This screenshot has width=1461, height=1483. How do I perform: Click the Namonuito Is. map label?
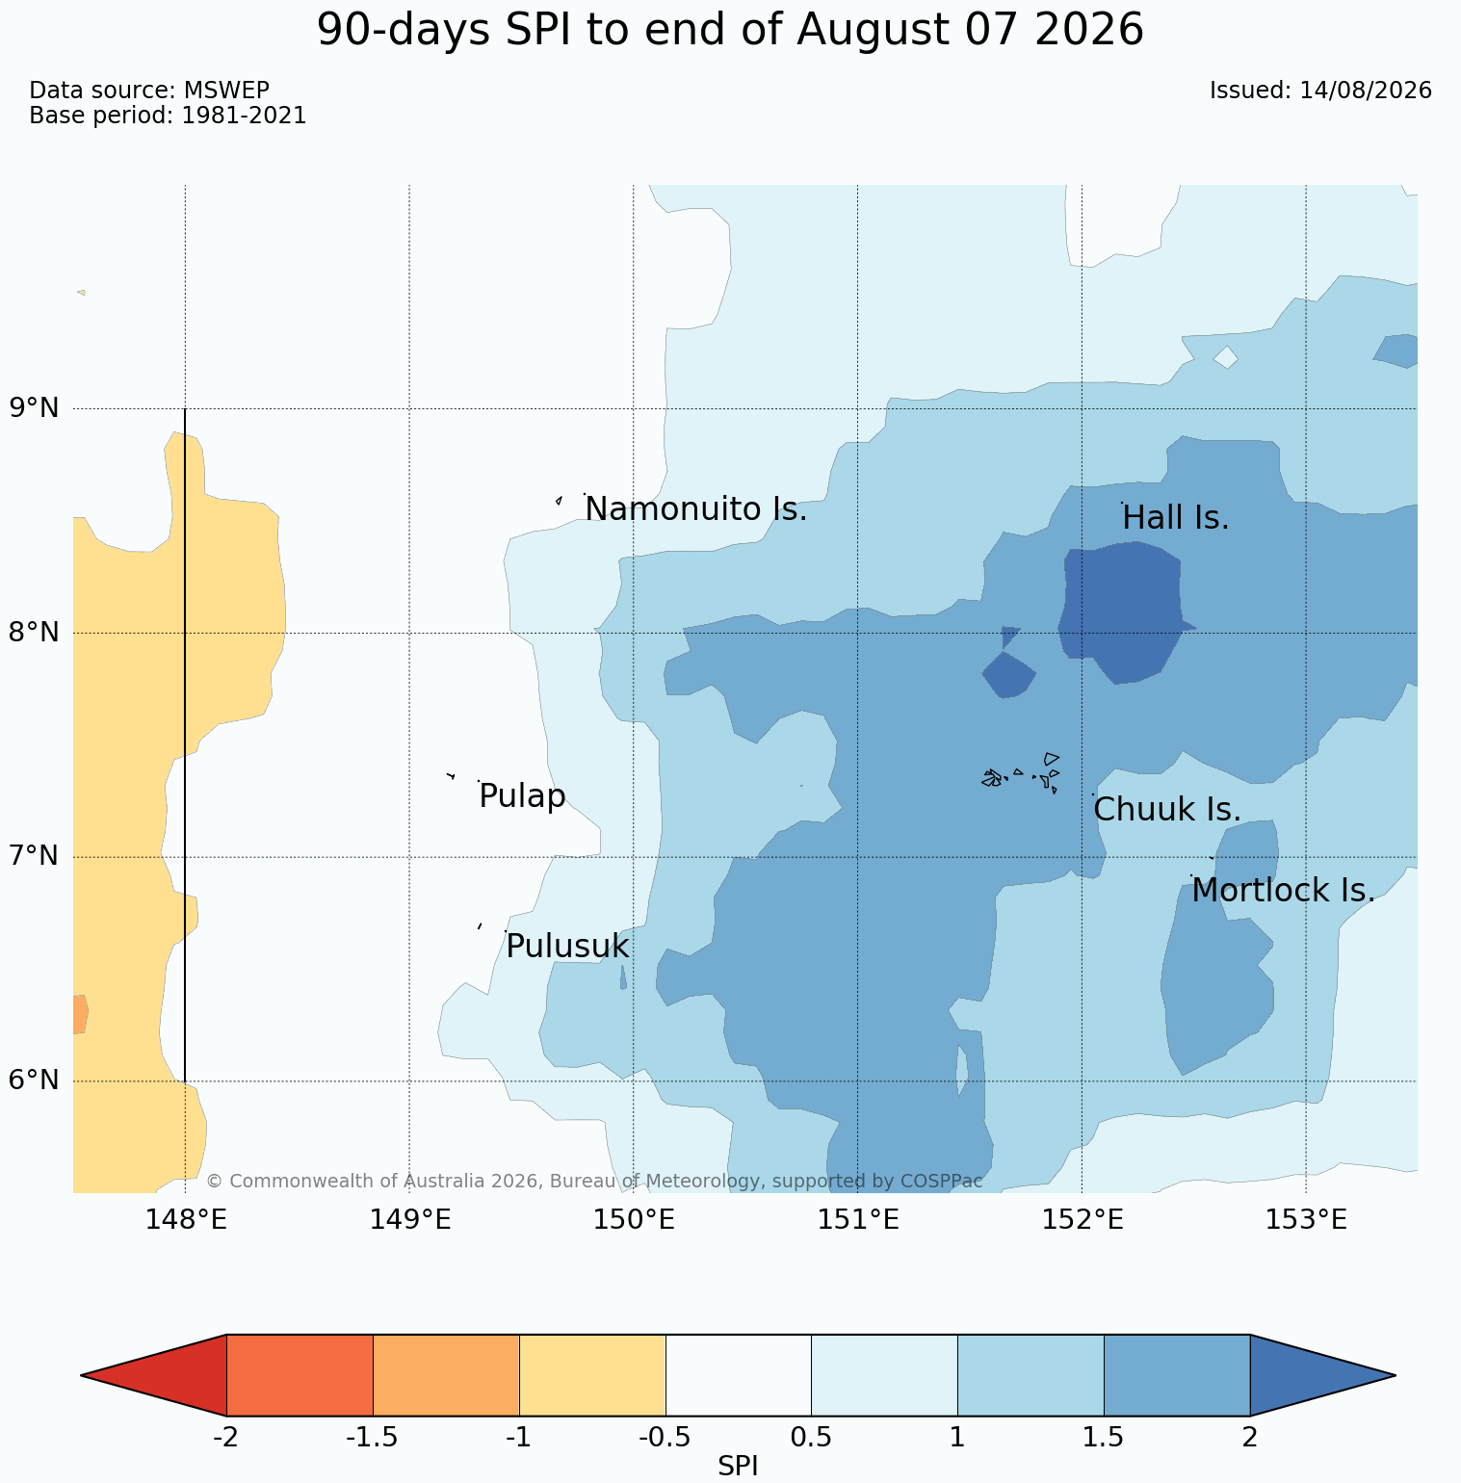695,508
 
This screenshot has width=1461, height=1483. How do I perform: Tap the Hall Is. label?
1176,518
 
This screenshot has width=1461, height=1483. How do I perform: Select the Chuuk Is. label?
1167,810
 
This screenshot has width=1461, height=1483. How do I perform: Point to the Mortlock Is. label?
1284,891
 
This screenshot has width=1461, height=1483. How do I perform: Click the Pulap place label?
522,797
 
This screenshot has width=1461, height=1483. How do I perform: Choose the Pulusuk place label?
567,947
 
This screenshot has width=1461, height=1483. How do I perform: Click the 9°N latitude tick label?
35,408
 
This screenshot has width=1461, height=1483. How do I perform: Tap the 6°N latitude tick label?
35,1080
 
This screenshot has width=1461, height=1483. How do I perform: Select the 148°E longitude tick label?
186,1220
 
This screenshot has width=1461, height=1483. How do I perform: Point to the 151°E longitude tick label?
858,1220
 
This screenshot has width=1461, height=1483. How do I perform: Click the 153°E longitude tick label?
1306,1220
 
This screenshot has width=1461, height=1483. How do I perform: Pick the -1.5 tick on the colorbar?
373,1438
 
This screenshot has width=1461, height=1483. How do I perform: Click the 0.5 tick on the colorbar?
811,1438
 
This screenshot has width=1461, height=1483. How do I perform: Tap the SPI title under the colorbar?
738,1467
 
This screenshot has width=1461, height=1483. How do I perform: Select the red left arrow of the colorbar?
154,1375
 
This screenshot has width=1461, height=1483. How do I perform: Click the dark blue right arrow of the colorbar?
1322,1375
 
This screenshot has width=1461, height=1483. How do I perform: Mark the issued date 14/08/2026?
1366,91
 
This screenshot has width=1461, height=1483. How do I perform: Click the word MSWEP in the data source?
225,91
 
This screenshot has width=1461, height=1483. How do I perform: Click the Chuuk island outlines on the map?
1022,773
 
